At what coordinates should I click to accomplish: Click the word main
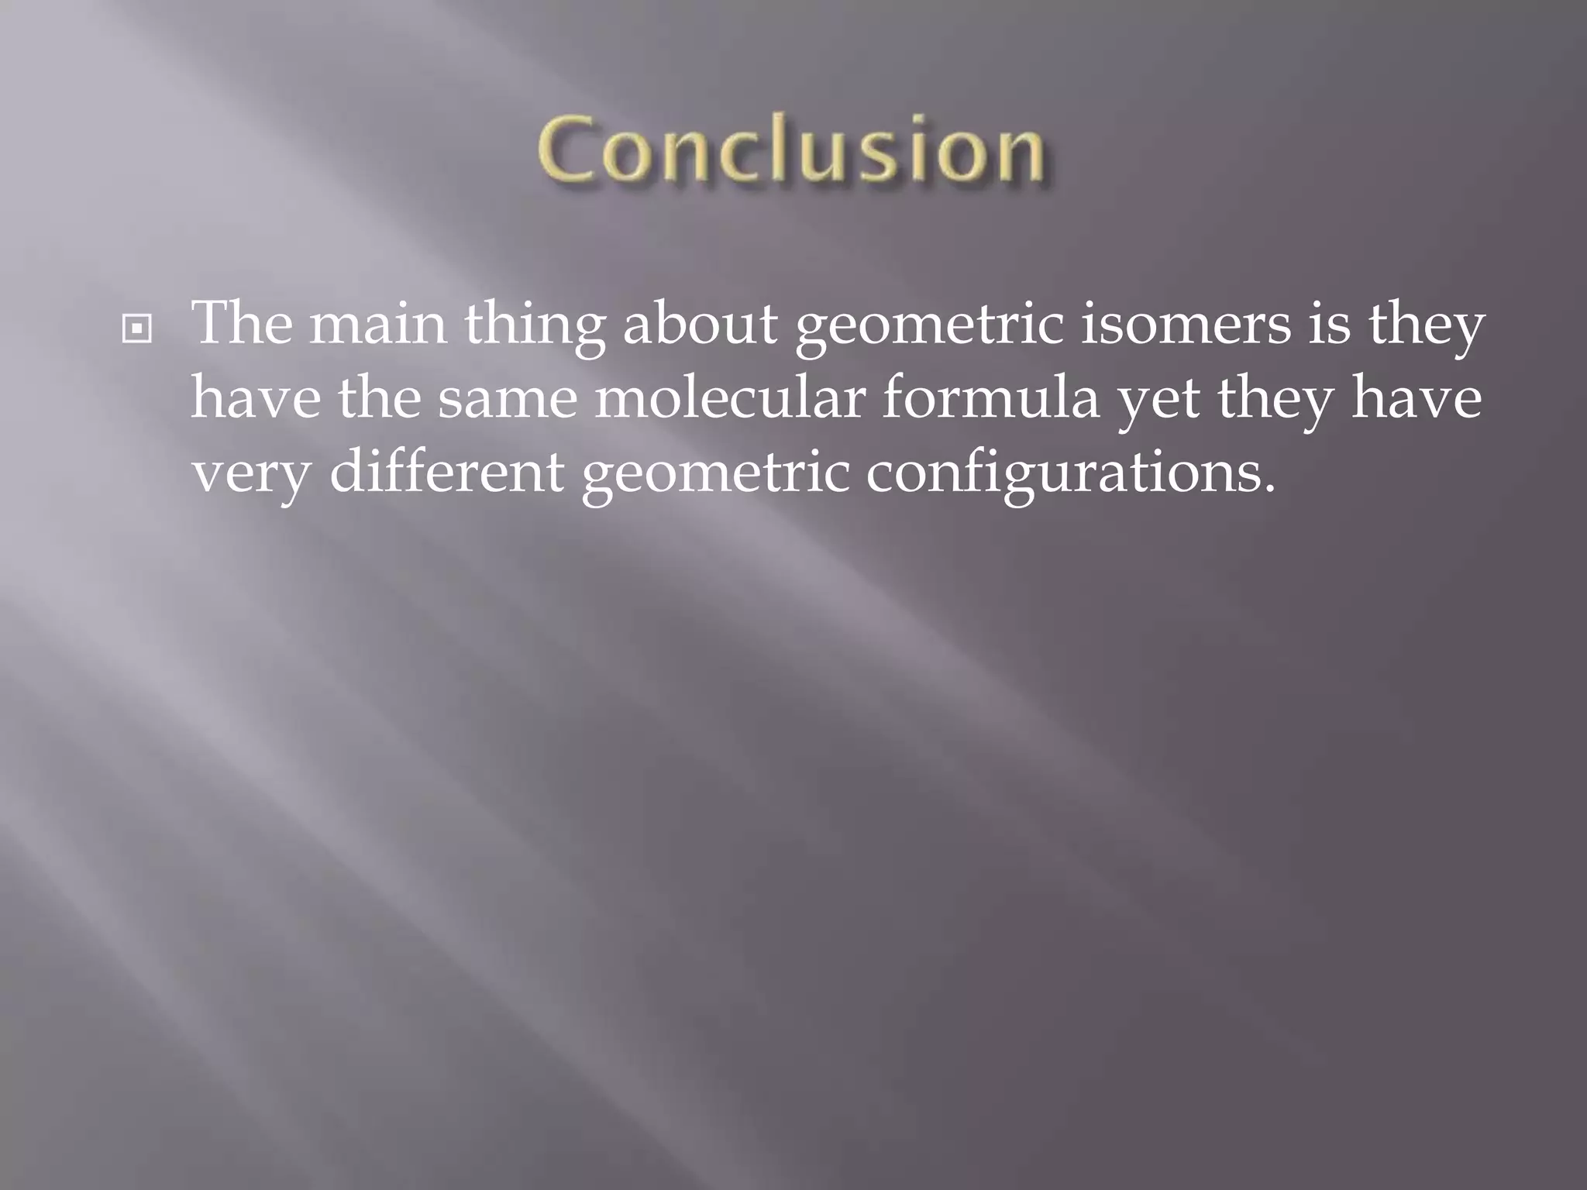coord(378,325)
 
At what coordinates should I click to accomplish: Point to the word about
coord(700,325)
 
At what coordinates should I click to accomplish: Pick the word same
coord(508,400)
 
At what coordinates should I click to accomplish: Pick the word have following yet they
coord(1417,398)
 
